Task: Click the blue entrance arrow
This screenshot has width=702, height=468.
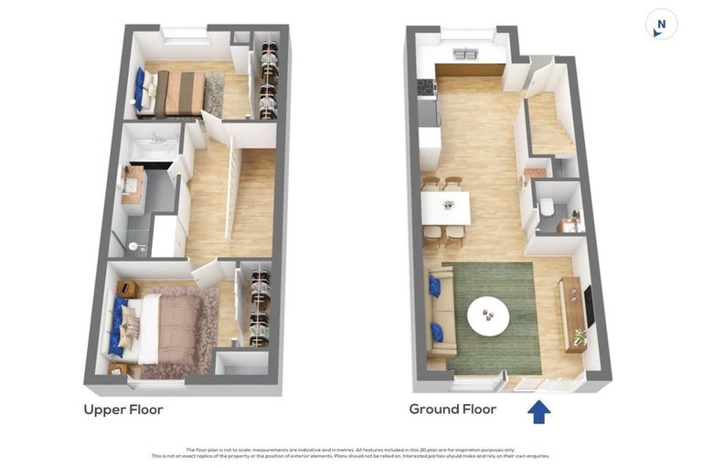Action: [539, 412]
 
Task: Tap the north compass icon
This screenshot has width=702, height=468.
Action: [661, 25]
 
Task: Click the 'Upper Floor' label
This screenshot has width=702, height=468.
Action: [123, 409]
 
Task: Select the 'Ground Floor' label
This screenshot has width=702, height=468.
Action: [452, 409]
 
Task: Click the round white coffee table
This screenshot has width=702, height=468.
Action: [490, 316]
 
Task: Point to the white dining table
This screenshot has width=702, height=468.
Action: [447, 207]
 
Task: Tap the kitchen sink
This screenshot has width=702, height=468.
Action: [464, 54]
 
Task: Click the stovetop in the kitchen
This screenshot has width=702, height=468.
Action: [426, 88]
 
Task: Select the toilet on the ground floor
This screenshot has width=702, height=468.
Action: [547, 208]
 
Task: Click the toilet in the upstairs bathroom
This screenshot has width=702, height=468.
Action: [136, 246]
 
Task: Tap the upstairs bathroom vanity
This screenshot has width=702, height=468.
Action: [134, 185]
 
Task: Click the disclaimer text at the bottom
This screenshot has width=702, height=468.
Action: [350, 452]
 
